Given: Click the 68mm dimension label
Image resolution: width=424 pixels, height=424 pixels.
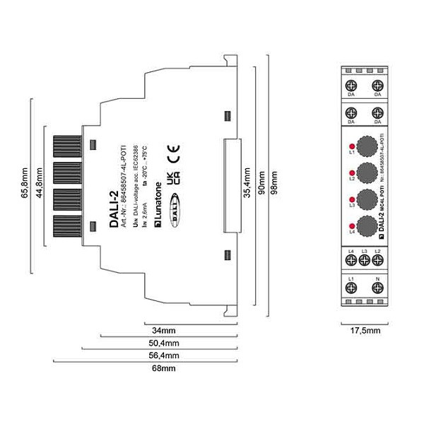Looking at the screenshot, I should pos(165,368).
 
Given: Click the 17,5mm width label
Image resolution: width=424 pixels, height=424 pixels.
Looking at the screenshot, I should pos(365,329).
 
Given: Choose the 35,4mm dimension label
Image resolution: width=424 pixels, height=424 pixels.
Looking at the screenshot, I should pos(246,185).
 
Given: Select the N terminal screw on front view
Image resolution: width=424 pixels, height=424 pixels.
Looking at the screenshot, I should pos(377,288).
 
